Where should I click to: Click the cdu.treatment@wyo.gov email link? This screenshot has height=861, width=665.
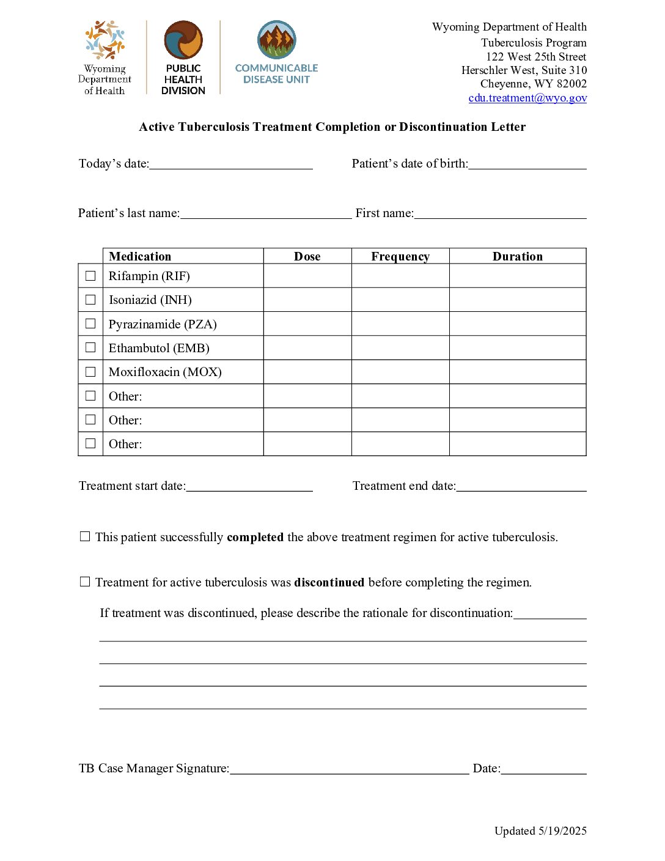527,98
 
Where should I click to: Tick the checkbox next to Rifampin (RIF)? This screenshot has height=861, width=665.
90,276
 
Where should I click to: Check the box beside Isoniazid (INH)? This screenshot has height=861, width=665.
90,300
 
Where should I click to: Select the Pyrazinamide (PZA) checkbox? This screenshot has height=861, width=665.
90,323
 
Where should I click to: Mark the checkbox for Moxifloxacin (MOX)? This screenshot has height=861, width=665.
90,372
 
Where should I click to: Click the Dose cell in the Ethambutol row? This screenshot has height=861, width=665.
307,348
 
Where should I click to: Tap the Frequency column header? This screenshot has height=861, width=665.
400,256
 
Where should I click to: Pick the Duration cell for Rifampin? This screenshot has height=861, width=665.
518,276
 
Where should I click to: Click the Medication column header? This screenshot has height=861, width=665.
140,256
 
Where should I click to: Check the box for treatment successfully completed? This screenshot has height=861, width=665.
85,536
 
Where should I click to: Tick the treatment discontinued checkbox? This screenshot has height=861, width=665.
85,582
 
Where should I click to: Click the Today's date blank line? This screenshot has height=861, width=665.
231,164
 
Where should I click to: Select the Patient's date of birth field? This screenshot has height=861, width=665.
527,164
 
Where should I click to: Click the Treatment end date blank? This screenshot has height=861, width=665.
521,486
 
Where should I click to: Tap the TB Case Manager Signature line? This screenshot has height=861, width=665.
349,769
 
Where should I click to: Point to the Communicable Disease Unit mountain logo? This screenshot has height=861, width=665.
276,40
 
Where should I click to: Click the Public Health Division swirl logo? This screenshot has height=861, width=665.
183,40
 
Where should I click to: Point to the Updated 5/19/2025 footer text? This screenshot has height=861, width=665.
540,830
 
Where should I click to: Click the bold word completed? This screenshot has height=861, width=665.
255,537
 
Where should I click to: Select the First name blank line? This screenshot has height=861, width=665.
500,213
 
